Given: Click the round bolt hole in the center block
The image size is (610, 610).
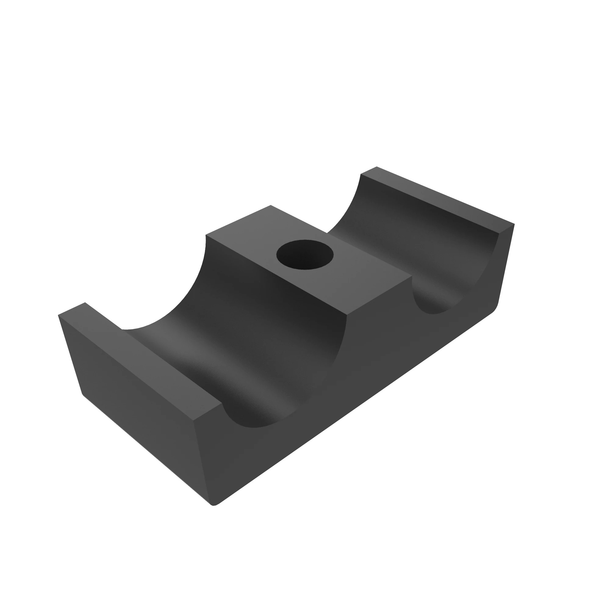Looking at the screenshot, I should point(305,255).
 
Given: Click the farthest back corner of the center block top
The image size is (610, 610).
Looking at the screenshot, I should point(271,205).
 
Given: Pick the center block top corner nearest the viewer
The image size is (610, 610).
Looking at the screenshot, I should point(347,315).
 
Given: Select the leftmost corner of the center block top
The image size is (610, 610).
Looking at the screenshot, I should point(206,235).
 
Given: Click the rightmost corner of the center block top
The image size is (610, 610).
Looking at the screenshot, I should point(412,277).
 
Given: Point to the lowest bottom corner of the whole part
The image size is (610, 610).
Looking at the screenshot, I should point(214,505).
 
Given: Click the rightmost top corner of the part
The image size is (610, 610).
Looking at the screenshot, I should point(514,224).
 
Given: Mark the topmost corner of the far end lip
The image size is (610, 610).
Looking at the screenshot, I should point(377,167).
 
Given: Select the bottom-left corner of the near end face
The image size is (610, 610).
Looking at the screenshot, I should point(83,395).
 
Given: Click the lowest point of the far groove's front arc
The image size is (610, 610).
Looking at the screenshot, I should point(433,314).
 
